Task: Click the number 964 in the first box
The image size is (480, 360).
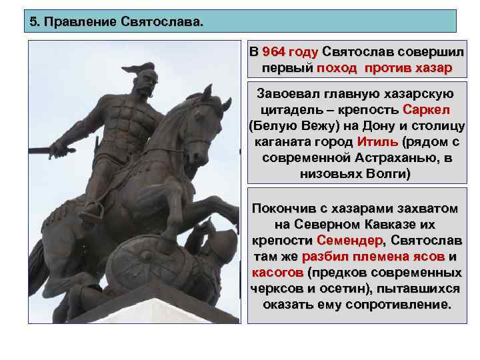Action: click(276, 53)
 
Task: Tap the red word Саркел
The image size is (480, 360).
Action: click(427, 109)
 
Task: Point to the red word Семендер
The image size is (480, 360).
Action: click(350, 240)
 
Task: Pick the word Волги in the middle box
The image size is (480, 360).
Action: click(391, 174)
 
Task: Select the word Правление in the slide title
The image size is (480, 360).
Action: click(82, 21)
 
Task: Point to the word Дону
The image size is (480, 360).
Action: click(368, 125)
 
